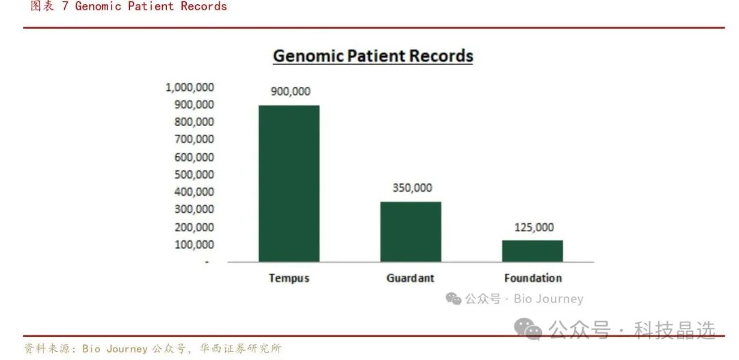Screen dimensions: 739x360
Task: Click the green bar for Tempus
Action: click(x=289, y=183)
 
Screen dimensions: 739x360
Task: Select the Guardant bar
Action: click(x=411, y=231)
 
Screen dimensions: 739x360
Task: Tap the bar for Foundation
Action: click(x=532, y=250)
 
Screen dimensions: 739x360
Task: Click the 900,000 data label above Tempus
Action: click(x=290, y=92)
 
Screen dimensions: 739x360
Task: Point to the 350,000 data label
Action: click(x=412, y=188)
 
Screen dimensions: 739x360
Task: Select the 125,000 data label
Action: click(x=534, y=228)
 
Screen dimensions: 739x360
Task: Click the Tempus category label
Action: click(x=289, y=278)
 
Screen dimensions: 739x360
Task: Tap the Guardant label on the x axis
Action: click(x=411, y=278)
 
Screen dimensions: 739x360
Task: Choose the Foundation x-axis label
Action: click(x=533, y=278)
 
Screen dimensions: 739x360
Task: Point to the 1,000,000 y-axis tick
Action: click(x=190, y=87)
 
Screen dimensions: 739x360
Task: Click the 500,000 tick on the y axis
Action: click(x=194, y=175)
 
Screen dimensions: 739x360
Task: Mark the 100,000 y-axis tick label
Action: click(x=194, y=244)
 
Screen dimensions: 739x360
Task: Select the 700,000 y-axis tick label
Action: click(x=194, y=140)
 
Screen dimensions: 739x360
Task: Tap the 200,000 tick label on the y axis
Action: click(x=194, y=227)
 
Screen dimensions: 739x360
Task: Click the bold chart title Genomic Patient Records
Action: click(x=373, y=56)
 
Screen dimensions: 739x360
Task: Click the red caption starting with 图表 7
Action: click(x=129, y=6)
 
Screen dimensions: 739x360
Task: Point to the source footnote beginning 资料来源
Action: click(x=153, y=348)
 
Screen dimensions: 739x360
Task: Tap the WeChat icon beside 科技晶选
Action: click(x=528, y=329)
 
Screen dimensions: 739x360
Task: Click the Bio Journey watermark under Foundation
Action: click(x=515, y=298)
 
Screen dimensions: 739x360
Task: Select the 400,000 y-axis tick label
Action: click(x=194, y=192)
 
